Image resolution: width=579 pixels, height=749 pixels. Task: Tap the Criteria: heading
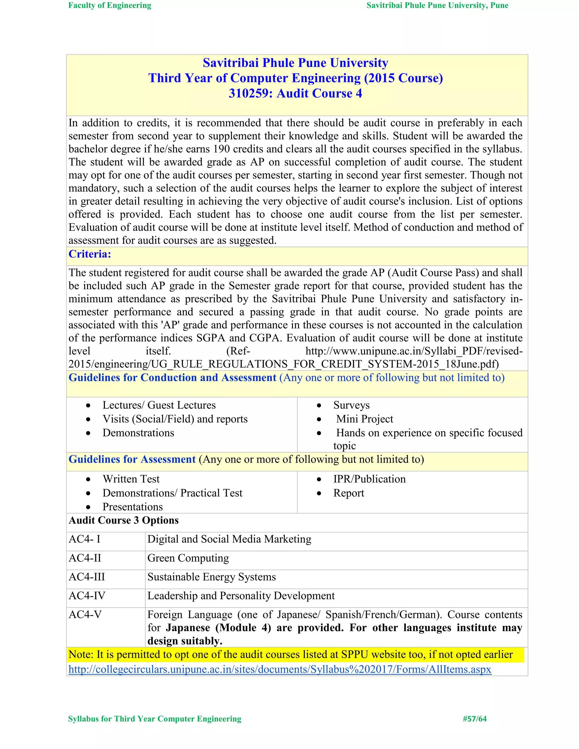[90, 254]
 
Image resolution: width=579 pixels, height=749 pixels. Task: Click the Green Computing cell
[188, 558]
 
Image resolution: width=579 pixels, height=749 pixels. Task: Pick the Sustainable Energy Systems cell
[212, 577]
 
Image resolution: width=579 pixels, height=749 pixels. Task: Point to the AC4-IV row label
[87, 596]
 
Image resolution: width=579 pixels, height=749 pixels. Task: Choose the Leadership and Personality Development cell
[241, 596]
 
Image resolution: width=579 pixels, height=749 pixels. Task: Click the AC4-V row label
[85, 614]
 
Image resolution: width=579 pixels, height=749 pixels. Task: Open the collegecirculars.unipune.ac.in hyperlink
[280, 669]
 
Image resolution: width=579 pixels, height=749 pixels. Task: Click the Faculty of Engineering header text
[110, 5]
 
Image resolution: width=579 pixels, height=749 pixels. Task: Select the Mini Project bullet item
[365, 419]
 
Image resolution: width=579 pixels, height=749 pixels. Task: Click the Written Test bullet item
[131, 479]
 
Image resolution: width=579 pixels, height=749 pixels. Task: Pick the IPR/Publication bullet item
[370, 479]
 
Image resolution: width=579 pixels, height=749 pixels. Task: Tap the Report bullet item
[349, 493]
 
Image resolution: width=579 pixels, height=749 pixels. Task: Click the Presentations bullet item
[133, 507]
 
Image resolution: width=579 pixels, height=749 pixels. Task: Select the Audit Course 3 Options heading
[124, 520]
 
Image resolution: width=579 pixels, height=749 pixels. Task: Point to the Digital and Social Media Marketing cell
[229, 539]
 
